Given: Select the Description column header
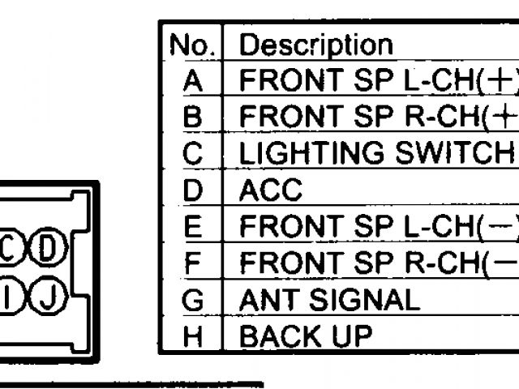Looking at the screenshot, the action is point(316,45).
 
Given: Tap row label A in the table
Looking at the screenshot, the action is point(192,81).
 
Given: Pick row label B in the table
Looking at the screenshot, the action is point(192,117).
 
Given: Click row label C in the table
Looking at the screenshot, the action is point(192,153).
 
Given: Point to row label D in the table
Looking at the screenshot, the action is point(192,190).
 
